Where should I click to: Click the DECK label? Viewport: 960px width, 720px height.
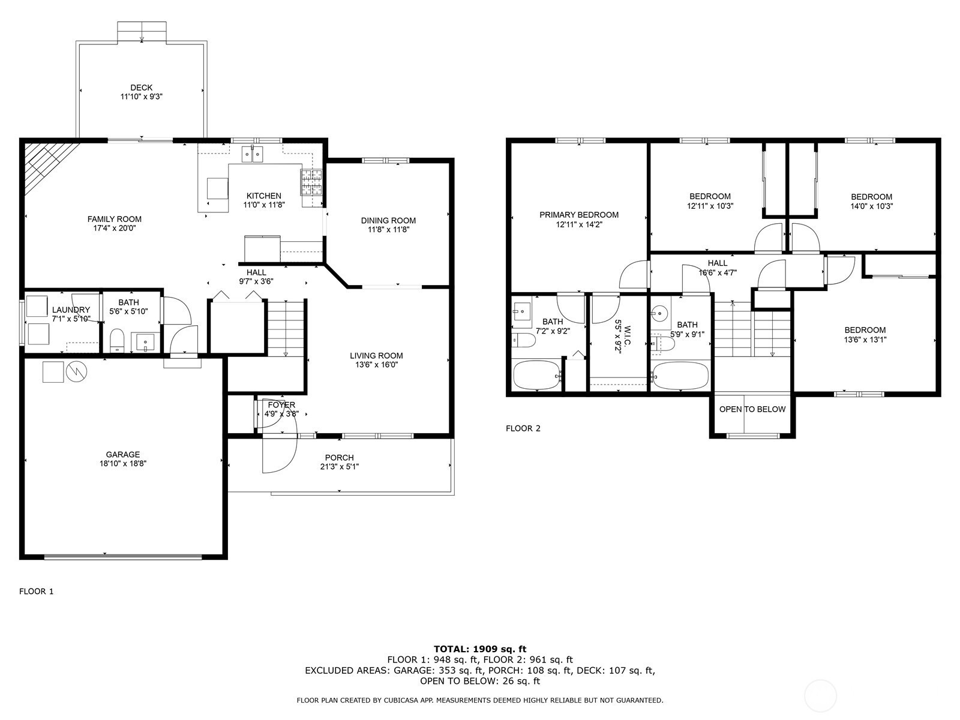tap(141, 88)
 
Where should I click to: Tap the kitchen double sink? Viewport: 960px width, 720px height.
tap(253, 154)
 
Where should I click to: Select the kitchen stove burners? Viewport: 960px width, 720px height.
tap(311, 182)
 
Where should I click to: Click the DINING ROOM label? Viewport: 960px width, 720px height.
tap(388, 221)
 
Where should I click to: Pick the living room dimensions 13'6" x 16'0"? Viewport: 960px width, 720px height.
tap(376, 365)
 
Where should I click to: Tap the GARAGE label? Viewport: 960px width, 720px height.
tap(123, 455)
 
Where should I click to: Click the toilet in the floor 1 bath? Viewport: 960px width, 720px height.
tap(117, 341)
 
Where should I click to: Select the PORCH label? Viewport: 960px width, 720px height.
tap(340, 458)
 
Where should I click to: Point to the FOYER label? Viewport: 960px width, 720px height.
tap(281, 405)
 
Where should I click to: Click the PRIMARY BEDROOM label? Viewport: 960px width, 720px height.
tap(579, 215)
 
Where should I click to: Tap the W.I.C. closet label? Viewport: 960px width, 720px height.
tap(628, 336)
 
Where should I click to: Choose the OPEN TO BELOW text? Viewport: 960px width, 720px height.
tap(752, 410)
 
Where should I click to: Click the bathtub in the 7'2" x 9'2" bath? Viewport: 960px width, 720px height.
tap(537, 375)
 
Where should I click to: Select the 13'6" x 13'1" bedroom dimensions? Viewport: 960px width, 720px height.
tap(865, 340)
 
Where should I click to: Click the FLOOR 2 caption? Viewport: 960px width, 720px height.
tap(523, 428)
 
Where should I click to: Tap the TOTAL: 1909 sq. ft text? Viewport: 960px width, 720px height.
tap(480, 649)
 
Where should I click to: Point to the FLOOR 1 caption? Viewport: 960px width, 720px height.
tap(37, 592)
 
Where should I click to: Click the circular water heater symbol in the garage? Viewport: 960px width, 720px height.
tap(76, 372)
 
